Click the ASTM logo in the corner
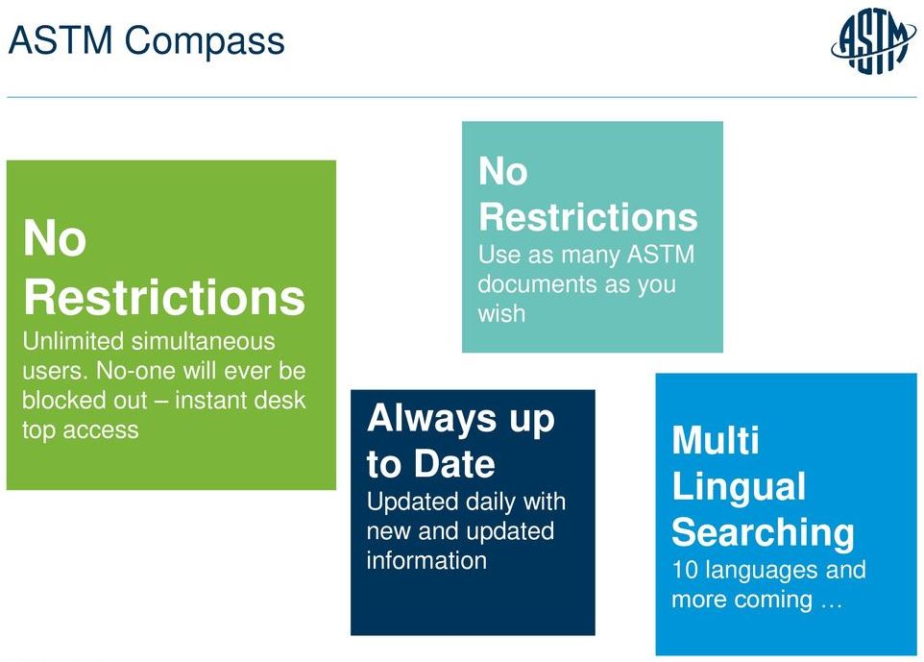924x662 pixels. pyautogui.click(x=873, y=42)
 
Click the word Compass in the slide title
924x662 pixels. pyautogui.click(x=205, y=41)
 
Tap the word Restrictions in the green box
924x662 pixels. pyautogui.click(x=164, y=297)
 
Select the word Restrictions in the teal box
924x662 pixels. pyautogui.click(x=588, y=216)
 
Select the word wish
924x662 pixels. pyautogui.click(x=501, y=313)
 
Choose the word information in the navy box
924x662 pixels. pyautogui.click(x=426, y=560)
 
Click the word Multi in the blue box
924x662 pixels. pyautogui.click(x=716, y=440)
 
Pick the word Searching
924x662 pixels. pyautogui.click(x=764, y=533)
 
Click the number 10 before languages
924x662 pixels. pyautogui.click(x=685, y=570)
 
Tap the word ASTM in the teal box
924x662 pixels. pyautogui.click(x=661, y=254)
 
